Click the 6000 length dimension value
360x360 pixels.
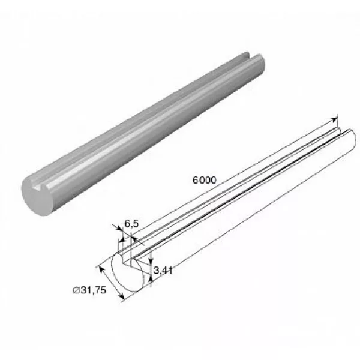click(205, 180)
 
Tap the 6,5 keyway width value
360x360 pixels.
click(132, 223)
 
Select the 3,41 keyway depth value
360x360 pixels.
click(163, 270)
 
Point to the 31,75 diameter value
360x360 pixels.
click(94, 290)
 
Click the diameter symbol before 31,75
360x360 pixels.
click(76, 290)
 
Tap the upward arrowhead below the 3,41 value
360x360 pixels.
click(151, 279)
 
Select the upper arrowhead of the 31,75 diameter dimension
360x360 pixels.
click(102, 270)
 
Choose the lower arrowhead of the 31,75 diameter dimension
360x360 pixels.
click(121, 296)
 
